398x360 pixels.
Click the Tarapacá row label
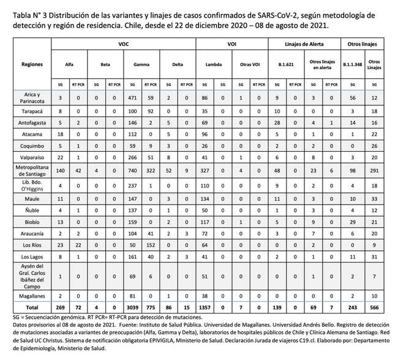click(x=32, y=112)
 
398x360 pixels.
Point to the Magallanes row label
click(x=32, y=294)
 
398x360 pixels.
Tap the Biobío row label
click(x=32, y=222)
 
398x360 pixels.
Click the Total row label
click(x=32, y=306)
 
